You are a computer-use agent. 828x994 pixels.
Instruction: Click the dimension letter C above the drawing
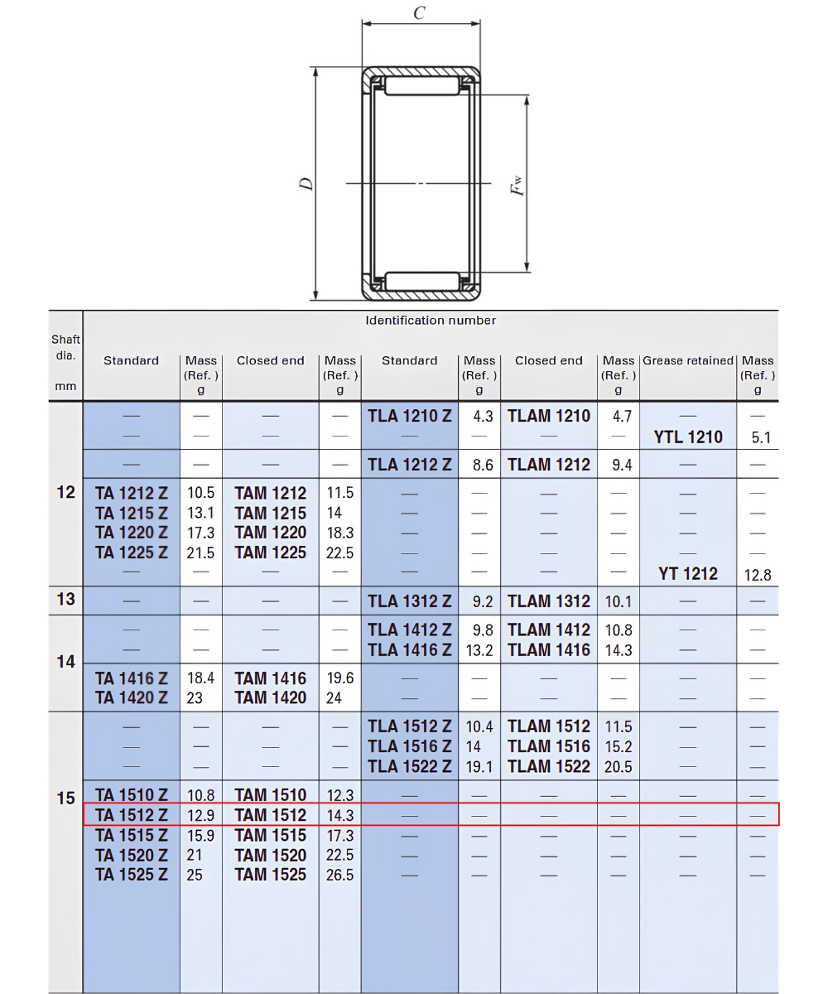coord(419,13)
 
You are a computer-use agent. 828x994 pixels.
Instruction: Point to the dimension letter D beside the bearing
coord(307,184)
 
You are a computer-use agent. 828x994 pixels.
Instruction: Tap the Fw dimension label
coord(517,186)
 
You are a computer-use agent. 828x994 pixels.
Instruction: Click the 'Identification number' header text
coord(431,321)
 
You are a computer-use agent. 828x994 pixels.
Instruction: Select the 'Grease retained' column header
coord(688,360)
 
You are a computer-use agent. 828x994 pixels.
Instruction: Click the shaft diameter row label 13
coord(65,599)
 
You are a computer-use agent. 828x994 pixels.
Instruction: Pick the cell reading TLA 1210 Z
coord(409,416)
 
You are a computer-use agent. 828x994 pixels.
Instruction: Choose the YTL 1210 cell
coord(688,437)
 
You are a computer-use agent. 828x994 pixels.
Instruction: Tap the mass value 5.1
coord(761,437)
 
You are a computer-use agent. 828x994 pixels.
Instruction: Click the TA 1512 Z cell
coord(132,815)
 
